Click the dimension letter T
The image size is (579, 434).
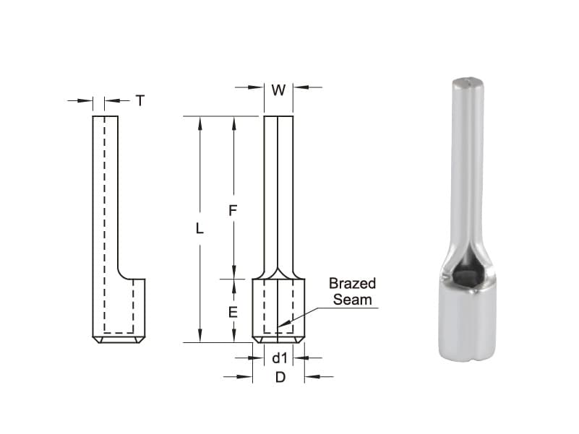(x=140, y=101)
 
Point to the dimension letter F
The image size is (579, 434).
(x=233, y=211)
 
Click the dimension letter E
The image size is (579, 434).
(x=233, y=312)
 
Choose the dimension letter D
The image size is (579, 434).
(x=279, y=377)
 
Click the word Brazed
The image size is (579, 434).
(x=352, y=283)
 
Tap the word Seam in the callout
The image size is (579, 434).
(x=353, y=298)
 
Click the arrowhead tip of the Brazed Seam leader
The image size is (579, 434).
(x=280, y=330)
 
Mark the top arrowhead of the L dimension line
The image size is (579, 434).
(x=200, y=118)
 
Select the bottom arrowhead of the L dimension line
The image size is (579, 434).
(x=200, y=340)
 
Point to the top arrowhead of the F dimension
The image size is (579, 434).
(x=233, y=118)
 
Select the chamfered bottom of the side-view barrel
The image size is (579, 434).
(x=119, y=339)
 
